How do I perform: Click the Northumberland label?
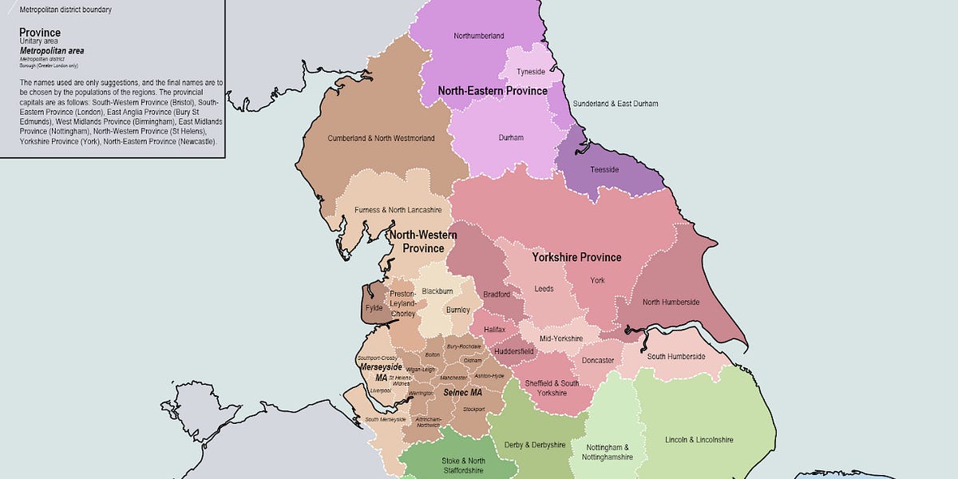coord(478,36)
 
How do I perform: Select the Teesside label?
coord(604,169)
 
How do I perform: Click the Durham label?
coord(511,137)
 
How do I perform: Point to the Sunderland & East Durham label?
coord(616,104)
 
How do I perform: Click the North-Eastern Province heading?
coord(493,91)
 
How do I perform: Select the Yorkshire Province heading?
coord(576,257)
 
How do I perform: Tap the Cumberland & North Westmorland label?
coord(381,138)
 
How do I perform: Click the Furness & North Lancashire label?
coord(398,210)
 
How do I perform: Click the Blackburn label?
coord(437,291)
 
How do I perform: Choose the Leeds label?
coord(544,289)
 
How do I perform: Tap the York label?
coord(597,280)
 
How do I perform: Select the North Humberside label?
coord(671,302)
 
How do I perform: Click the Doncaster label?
coord(598,360)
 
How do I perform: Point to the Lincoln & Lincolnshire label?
coord(699,439)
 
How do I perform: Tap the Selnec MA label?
coord(463,393)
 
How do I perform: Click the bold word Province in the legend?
coord(40,33)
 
